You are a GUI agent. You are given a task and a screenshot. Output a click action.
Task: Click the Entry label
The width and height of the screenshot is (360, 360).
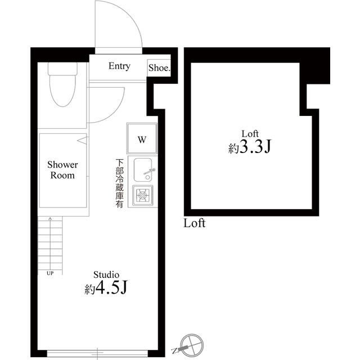pyautogui.click(x=119, y=66)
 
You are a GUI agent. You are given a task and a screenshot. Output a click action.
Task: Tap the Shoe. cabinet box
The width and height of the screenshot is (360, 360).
pyautogui.click(x=159, y=68)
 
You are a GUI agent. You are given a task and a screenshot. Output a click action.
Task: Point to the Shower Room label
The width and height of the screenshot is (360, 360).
pyautogui.click(x=62, y=170)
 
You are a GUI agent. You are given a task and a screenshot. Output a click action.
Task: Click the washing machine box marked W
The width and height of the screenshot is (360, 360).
pyautogui.click(x=142, y=139)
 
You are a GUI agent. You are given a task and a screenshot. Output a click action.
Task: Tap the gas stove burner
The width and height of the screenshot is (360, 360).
pyautogui.click(x=143, y=196)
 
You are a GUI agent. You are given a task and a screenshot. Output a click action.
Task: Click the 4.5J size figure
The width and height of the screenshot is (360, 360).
pyautogui.click(x=111, y=289)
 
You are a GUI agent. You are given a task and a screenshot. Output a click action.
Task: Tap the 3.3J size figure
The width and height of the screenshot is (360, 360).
pyautogui.click(x=253, y=148)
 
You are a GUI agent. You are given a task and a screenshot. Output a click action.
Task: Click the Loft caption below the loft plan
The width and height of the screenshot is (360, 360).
pyautogui.click(x=195, y=223)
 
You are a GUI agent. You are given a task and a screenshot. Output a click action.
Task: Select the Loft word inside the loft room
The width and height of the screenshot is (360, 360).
pyautogui.click(x=250, y=133)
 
